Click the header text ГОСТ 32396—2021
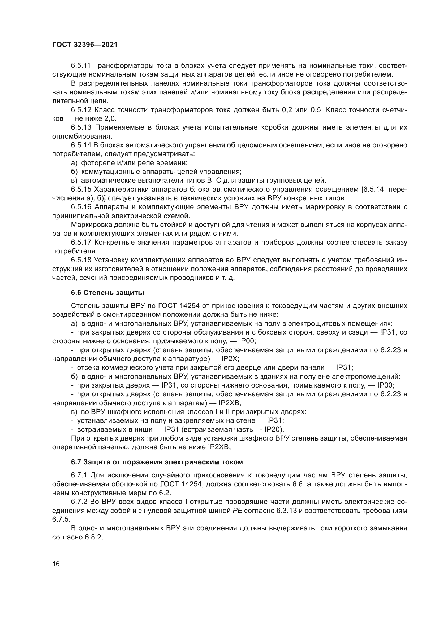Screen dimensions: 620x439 (85, 45)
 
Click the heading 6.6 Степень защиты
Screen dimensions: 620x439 (107, 293)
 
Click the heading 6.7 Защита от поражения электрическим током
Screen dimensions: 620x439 (157, 462)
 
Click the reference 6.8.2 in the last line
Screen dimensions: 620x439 (94, 537)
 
